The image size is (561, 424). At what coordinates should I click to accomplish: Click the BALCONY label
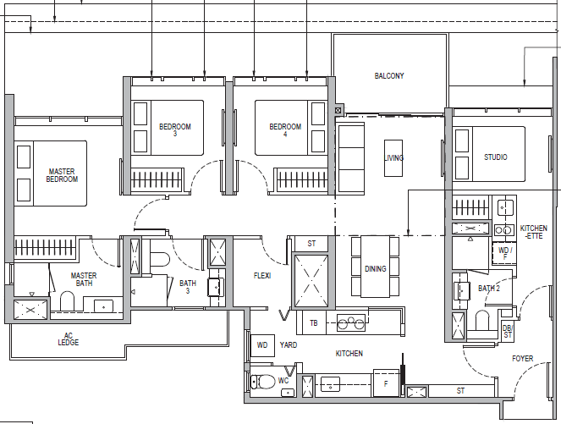(389, 76)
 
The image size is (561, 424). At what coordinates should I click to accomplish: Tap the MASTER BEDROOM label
(62, 175)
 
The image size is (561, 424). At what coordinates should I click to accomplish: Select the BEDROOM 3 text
(175, 129)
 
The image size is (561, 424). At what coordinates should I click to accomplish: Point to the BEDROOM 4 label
(285, 129)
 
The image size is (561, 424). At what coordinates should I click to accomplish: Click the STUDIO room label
(496, 157)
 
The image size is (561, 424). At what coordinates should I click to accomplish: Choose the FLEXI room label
(262, 276)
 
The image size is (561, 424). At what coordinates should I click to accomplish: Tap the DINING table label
(376, 269)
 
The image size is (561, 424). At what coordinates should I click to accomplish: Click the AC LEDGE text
(69, 339)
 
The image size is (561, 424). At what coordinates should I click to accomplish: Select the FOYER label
(522, 358)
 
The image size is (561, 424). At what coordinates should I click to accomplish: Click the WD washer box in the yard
(262, 345)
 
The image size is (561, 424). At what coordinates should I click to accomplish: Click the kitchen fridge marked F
(386, 383)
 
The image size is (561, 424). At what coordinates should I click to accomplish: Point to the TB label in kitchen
(314, 323)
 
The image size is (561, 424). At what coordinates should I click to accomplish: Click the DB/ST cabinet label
(508, 331)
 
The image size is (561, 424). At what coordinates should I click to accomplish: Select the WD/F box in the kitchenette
(504, 253)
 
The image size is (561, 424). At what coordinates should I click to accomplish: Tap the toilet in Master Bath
(67, 301)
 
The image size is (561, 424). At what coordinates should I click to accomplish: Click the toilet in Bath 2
(482, 321)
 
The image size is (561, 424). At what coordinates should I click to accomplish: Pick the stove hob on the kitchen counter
(351, 323)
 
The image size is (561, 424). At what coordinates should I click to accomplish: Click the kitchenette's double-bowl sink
(504, 229)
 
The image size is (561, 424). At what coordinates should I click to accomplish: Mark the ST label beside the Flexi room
(311, 244)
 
